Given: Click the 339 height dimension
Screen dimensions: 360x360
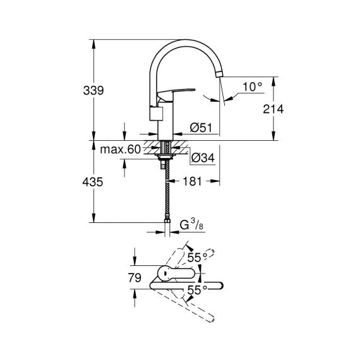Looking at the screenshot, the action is point(93,90).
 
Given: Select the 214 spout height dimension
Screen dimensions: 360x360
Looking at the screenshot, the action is point(273,109).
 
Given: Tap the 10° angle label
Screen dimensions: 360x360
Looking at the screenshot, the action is point(252,87).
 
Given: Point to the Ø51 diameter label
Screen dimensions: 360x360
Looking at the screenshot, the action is point(201,128).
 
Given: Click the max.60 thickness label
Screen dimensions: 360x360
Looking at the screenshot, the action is point(120,150).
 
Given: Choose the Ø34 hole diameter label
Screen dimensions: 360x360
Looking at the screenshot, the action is point(203,158).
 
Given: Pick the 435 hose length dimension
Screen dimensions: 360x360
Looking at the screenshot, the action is point(93,182).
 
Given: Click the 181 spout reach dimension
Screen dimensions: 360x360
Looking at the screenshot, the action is point(192,181).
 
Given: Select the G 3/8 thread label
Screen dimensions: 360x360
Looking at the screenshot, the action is point(191,225).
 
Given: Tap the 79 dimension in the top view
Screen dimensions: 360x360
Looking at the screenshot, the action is point(135,278).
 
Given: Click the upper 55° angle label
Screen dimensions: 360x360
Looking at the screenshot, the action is point(198,258).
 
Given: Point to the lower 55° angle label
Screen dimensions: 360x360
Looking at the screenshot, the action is point(198,290).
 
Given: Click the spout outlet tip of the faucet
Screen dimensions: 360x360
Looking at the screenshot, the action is point(219,75).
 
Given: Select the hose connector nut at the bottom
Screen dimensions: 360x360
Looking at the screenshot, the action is point(167,221).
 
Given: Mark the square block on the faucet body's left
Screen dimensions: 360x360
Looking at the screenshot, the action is point(157,114).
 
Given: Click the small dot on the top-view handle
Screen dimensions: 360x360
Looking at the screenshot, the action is point(165,273).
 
